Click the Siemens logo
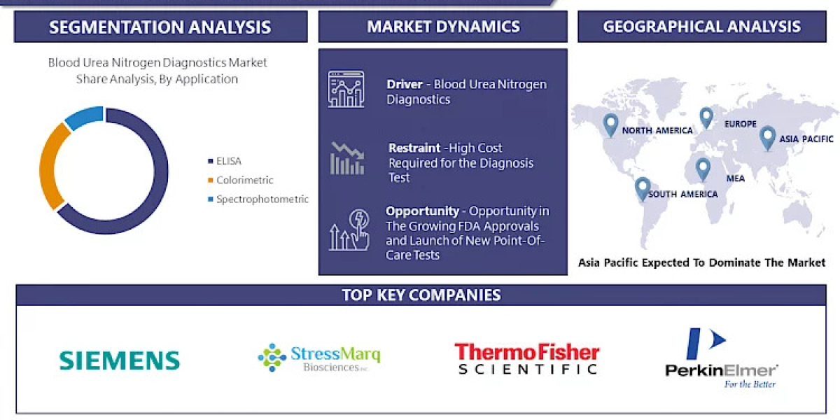point(120,360)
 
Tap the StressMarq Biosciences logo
point(319,358)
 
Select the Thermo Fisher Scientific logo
point(526,358)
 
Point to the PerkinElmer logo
point(721,358)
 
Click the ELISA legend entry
point(228,161)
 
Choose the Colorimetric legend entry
point(244,180)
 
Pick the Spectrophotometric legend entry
point(262,199)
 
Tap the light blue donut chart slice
point(83,118)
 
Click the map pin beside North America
point(610,124)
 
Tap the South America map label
point(682,194)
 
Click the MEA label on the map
point(735,178)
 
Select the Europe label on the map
point(741,124)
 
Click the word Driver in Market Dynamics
point(405,84)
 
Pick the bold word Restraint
point(414,148)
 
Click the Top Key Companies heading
point(421,295)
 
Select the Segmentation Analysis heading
point(160,27)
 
